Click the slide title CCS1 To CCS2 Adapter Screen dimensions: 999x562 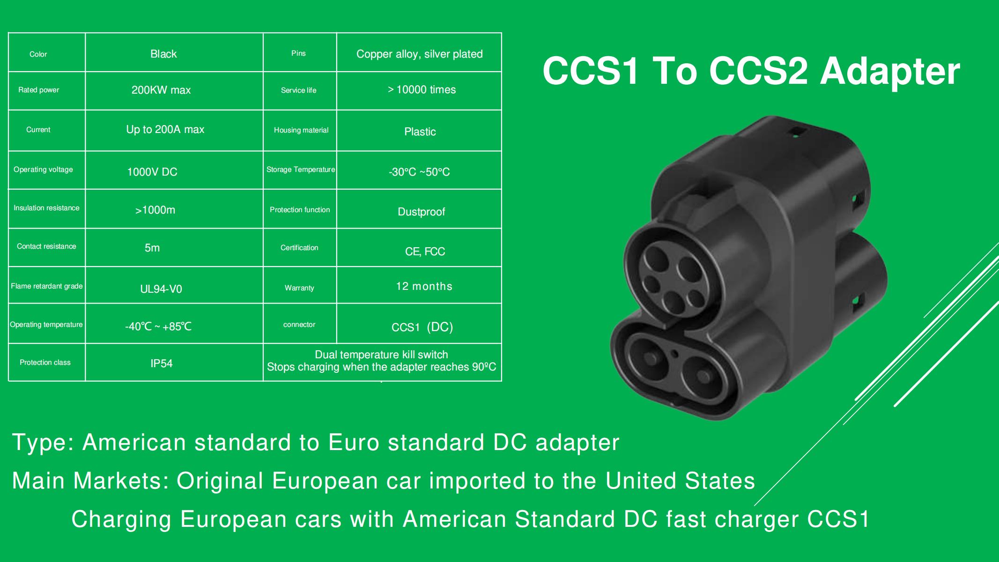751,71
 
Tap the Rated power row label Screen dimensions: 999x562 38,90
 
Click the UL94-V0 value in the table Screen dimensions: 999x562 161,289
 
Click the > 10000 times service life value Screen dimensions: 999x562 422,89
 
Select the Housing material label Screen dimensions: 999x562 301,130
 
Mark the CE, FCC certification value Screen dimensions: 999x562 425,251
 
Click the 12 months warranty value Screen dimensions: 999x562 424,286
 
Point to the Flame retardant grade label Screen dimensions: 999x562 47,286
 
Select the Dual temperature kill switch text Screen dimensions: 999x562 381,355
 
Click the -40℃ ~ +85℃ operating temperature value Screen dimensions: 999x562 158,326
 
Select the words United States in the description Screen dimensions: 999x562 680,481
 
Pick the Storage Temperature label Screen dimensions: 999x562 301,170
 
